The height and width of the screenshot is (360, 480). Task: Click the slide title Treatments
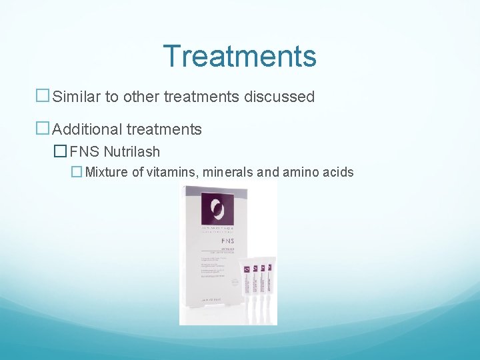pyautogui.click(x=239, y=56)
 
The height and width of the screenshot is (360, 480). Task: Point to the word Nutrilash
pyautogui.click(x=131, y=152)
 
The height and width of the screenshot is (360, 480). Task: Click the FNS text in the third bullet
pyautogui.click(x=85, y=152)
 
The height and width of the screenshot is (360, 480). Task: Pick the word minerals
pyautogui.click(x=223, y=173)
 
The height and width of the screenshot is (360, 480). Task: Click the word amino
pyautogui.click(x=302, y=173)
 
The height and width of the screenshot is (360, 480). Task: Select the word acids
pyautogui.click(x=339, y=173)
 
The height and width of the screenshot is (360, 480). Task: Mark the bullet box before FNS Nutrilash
pyautogui.click(x=61, y=152)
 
